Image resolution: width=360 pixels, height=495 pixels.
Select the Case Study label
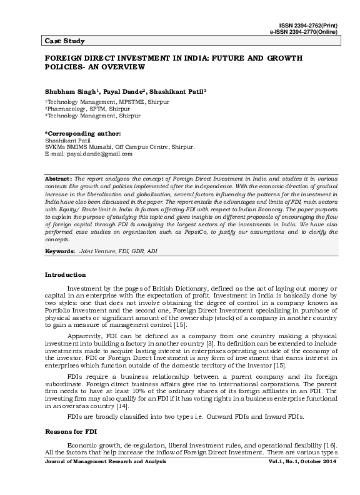[x=65, y=41]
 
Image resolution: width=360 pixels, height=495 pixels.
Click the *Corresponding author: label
[x=82, y=134]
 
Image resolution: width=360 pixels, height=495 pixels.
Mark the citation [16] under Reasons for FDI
[x=311, y=442]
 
